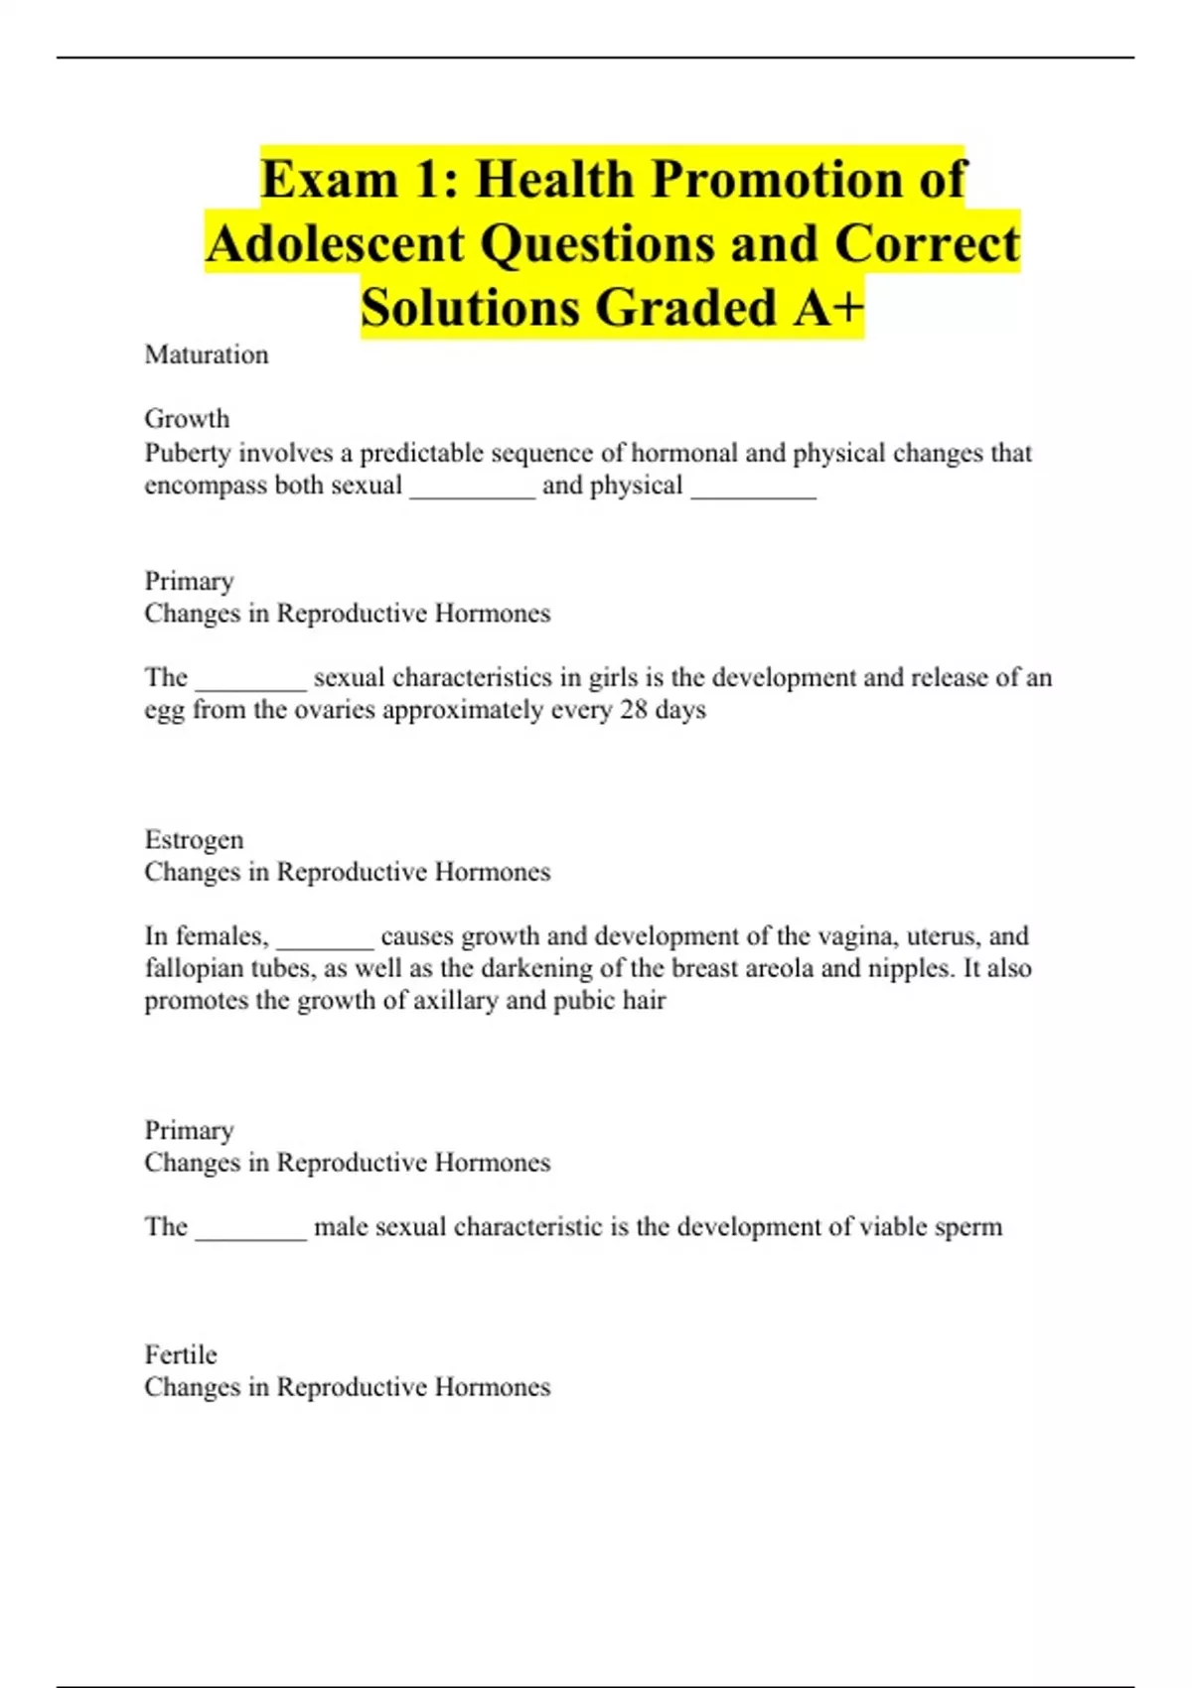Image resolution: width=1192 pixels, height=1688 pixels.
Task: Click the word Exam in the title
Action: (329, 181)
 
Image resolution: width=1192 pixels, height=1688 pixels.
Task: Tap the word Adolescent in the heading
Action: (336, 244)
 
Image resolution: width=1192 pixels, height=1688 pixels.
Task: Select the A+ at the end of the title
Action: (828, 308)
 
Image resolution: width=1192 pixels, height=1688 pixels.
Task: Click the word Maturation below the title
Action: (207, 355)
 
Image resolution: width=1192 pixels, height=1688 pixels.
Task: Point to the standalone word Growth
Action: (187, 419)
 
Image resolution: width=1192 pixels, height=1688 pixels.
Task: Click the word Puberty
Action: (188, 454)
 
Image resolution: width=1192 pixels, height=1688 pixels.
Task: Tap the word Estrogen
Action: (194, 840)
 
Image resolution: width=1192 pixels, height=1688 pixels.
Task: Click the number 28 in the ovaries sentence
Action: (633, 710)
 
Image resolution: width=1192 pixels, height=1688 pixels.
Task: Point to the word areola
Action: (786, 968)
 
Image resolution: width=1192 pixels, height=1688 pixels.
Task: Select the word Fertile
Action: (181, 1355)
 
